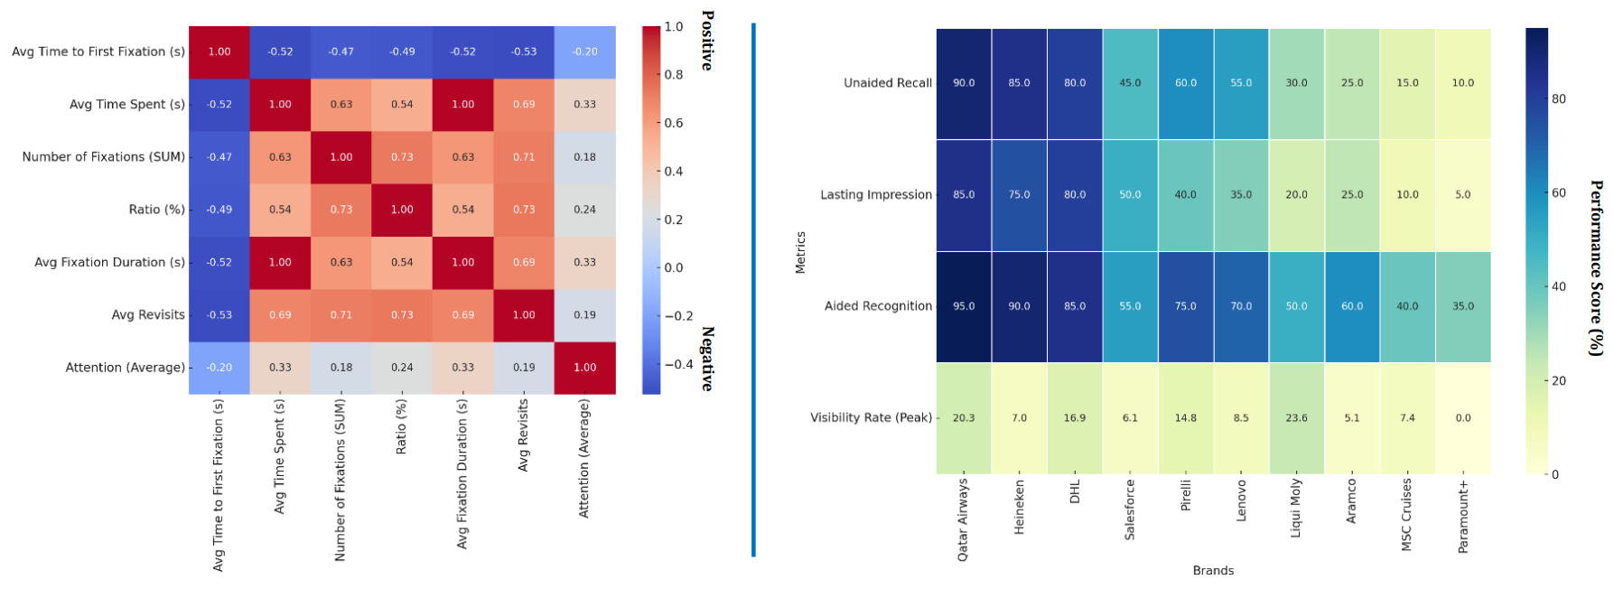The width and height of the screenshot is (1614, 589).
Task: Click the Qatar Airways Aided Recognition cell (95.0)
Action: click(964, 306)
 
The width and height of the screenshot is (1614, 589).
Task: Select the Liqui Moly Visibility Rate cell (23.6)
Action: click(1296, 418)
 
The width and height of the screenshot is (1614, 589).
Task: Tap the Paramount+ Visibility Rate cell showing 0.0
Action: click(1462, 418)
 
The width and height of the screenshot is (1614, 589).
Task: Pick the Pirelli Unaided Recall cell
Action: click(1185, 83)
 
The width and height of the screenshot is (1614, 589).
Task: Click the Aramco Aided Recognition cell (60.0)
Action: click(1351, 306)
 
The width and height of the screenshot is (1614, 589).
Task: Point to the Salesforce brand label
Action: click(1130, 510)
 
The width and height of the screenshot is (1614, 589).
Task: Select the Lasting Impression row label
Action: click(875, 195)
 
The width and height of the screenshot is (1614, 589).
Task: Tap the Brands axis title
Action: click(1212, 571)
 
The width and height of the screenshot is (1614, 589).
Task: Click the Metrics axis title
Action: click(800, 252)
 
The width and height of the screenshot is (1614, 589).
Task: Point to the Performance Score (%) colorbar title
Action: click(1596, 268)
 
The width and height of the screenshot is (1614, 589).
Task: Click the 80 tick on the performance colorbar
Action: click(1559, 99)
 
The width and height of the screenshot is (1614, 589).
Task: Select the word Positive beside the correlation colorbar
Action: click(707, 41)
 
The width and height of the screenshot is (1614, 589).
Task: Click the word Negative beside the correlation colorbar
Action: click(707, 359)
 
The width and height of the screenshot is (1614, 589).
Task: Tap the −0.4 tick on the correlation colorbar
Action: click(678, 364)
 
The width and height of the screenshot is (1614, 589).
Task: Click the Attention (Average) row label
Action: click(125, 368)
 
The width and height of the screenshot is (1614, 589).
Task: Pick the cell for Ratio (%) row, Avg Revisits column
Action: click(524, 210)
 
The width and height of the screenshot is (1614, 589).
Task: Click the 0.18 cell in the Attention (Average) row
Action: click(341, 368)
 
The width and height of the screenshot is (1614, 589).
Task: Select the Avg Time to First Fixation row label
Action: click(98, 52)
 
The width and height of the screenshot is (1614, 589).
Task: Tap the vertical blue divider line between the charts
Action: click(753, 289)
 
